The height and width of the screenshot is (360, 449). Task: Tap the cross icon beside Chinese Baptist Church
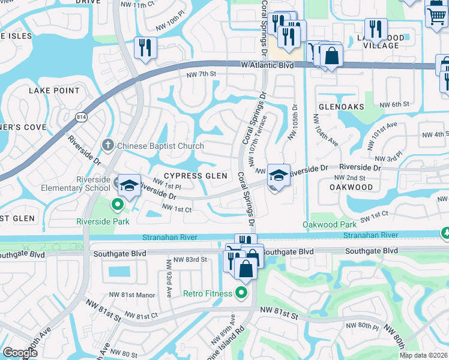108,145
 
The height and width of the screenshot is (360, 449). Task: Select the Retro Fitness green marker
241,293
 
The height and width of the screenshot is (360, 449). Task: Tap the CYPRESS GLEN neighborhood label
196,176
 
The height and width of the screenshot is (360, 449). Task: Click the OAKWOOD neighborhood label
351,187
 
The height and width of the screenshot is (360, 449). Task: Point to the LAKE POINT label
54,91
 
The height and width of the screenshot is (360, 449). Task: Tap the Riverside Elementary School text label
92,184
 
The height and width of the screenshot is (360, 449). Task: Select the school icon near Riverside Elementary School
128,185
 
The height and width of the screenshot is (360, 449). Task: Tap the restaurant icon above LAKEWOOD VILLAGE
376,29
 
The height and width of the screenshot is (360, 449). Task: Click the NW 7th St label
200,74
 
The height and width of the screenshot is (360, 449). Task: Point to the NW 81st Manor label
132,295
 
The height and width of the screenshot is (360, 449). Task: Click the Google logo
20,353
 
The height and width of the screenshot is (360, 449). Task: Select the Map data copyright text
424,355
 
